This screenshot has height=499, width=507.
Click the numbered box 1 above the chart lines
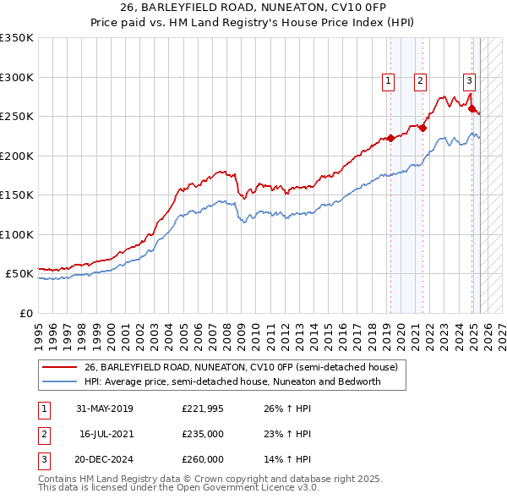pyautogui.click(x=388, y=81)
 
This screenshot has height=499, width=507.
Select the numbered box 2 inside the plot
pyautogui.click(x=420, y=81)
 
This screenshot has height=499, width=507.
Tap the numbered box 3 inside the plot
pyautogui.click(x=469, y=81)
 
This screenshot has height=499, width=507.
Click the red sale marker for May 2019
pyautogui.click(x=390, y=138)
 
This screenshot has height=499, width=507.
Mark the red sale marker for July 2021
pyautogui.click(x=422, y=128)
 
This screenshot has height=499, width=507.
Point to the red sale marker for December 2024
pyautogui.click(x=472, y=108)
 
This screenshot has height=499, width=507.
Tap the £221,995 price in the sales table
pyautogui.click(x=203, y=409)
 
